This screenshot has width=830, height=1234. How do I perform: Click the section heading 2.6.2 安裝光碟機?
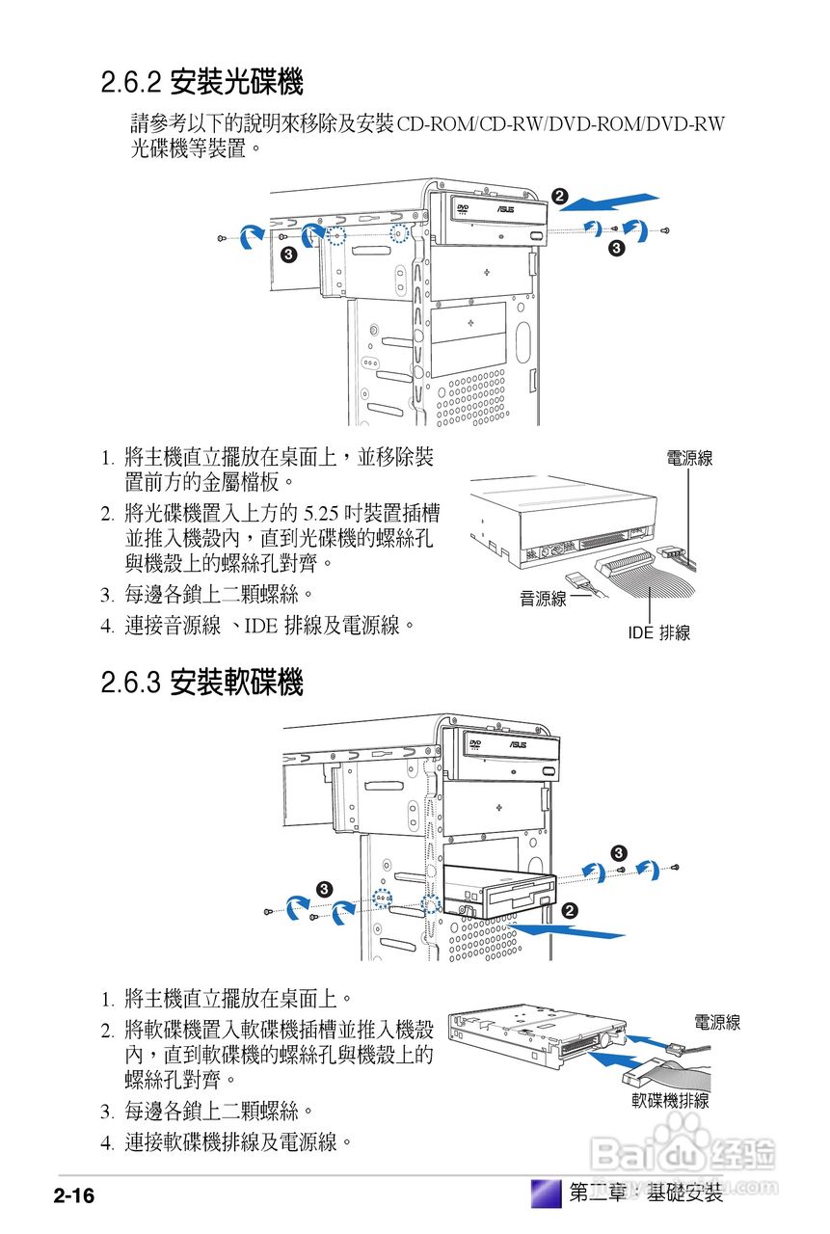201,84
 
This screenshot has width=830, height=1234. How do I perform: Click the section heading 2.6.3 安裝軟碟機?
201,684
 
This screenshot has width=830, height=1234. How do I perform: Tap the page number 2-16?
73,1196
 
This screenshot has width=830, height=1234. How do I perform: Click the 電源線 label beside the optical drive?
689,458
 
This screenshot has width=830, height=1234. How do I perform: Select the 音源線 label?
543,599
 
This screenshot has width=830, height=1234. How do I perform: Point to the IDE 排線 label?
658,633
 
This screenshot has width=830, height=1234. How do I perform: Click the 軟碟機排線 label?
670,1100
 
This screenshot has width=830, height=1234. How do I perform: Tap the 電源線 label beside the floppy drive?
716,1022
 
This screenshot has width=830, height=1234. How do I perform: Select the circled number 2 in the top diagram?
558,196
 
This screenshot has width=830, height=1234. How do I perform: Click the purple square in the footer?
546,1193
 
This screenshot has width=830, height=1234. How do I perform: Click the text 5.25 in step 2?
318,512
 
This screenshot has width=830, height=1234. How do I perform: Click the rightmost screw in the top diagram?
665,230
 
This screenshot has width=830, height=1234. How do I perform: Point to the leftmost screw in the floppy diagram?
267,912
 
